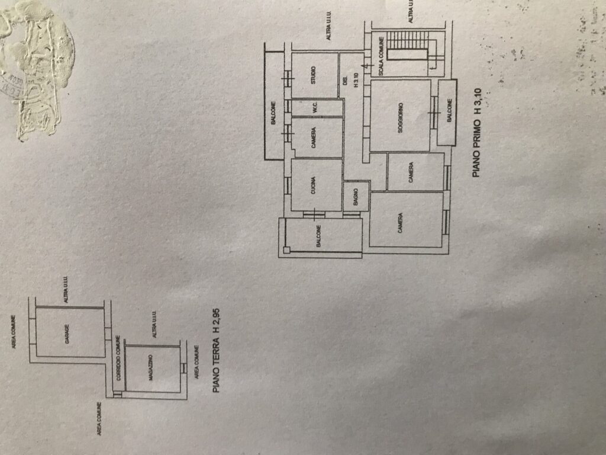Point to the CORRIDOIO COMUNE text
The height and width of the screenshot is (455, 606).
point(118,364)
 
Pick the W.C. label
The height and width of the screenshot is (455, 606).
point(315,108)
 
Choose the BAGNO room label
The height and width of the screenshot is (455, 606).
point(356,196)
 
